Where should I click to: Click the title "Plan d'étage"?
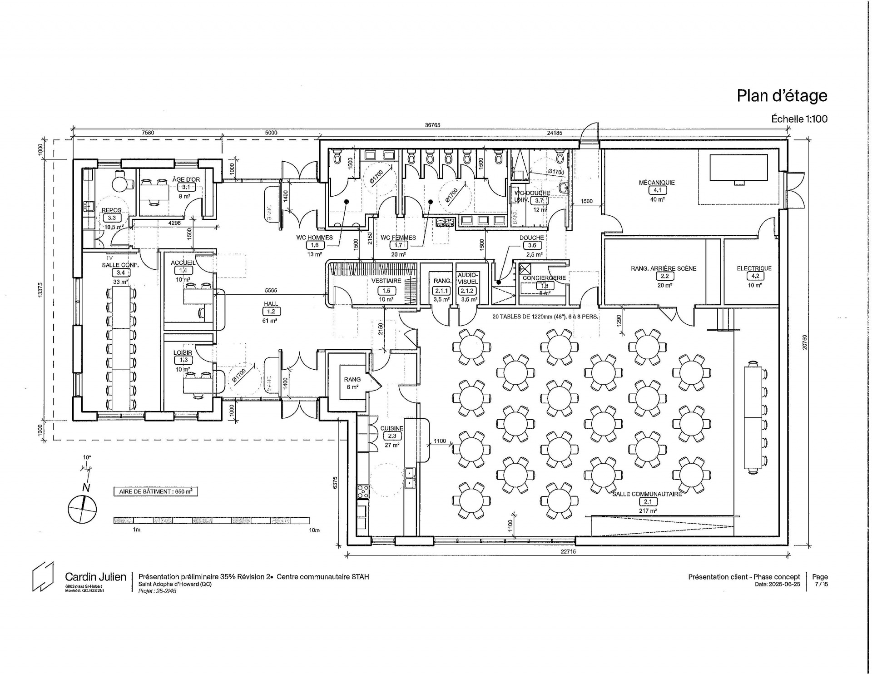(x=782, y=96)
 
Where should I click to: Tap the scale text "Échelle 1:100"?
(x=799, y=119)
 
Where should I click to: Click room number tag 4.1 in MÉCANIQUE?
(x=657, y=191)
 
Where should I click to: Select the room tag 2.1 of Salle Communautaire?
(x=647, y=502)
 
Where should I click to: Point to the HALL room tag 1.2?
(x=271, y=312)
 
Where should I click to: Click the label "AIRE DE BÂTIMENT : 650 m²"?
(x=155, y=491)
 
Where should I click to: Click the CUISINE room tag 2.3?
(x=391, y=436)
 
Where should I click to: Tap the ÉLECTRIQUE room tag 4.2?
(x=754, y=276)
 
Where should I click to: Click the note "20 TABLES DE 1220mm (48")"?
(x=545, y=317)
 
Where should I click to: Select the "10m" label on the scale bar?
(x=314, y=530)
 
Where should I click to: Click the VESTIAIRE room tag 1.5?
(x=386, y=291)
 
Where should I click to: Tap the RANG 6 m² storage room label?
(x=352, y=383)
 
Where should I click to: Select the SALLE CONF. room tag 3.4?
(x=120, y=273)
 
